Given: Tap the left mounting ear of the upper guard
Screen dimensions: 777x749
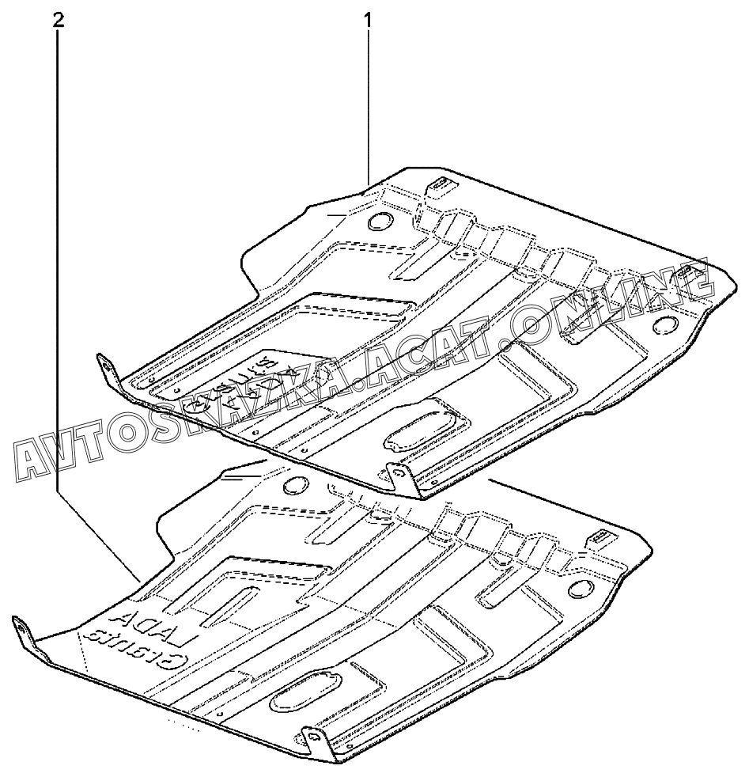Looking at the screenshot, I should pyautogui.click(x=105, y=370).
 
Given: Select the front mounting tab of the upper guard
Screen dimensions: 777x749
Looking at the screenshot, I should pyautogui.click(x=399, y=475).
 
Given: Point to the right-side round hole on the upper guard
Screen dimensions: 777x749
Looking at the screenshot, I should pyautogui.click(x=665, y=324).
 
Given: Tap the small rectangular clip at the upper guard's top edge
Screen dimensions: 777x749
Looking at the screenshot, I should pyautogui.click(x=438, y=185).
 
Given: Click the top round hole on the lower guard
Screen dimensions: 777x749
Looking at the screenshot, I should pyautogui.click(x=295, y=485).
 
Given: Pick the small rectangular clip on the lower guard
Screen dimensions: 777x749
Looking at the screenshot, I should pyautogui.click(x=599, y=538).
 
